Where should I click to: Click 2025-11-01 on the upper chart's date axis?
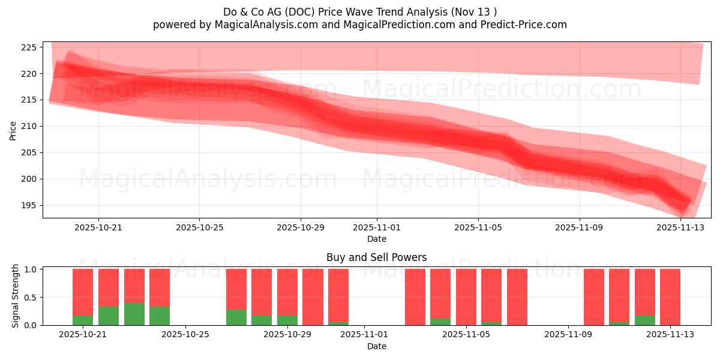click(x=377, y=228)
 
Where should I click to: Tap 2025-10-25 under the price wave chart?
click(x=199, y=228)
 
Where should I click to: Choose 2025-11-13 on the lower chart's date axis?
click(x=670, y=335)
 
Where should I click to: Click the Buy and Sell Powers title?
click(x=376, y=257)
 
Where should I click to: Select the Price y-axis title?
click(x=13, y=130)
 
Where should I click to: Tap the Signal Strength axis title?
click(x=16, y=296)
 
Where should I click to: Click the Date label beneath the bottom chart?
click(x=376, y=346)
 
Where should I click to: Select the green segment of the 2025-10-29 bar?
click(x=287, y=320)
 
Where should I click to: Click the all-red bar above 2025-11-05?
click(x=466, y=297)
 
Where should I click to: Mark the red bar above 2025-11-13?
click(x=670, y=297)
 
